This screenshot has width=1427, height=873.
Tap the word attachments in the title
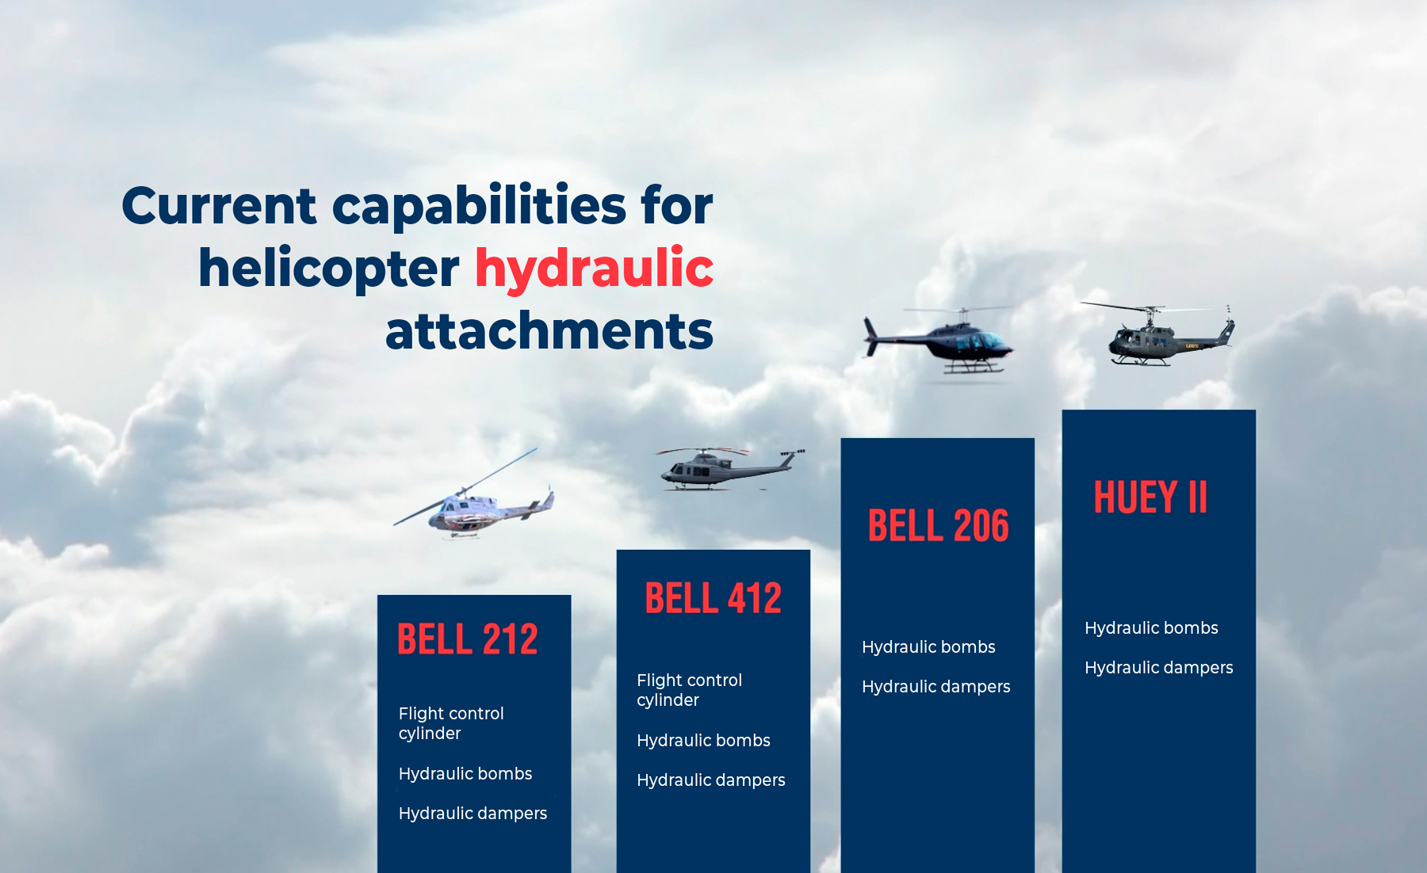coord(549,331)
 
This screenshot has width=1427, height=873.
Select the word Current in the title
coord(220,206)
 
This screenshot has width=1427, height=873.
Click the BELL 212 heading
coord(468,639)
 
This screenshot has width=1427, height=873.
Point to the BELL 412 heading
coord(713,598)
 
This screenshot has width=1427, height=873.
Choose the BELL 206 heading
coord(939,526)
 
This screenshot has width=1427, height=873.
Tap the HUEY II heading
coord(1150,497)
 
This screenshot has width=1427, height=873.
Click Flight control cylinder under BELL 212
coord(451,723)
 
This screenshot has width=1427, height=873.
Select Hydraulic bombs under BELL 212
coord(465,774)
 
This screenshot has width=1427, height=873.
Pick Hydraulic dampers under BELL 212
coord(472,814)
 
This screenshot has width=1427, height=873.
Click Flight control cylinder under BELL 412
coord(690,690)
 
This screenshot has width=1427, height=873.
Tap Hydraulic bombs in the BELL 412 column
coord(703,741)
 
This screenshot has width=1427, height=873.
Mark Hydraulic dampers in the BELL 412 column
coord(711,780)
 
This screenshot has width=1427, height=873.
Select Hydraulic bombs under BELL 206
coord(928,647)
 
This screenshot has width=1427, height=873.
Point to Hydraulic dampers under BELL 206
coord(936,687)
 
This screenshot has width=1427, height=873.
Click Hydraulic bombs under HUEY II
coord(1151,628)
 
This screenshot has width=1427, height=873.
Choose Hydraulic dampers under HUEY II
coord(1159,668)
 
